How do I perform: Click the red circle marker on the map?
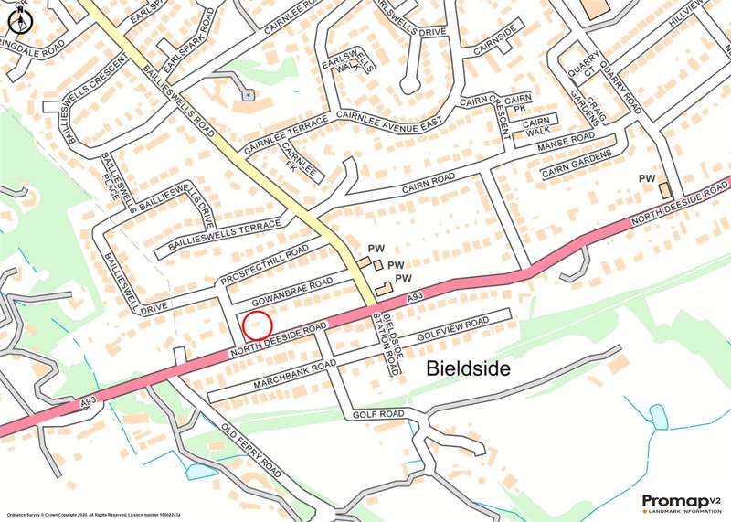coord(259,325)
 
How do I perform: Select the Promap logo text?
coord(675,500)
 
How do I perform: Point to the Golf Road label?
coord(378,415)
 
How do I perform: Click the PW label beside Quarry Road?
coord(647,178)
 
